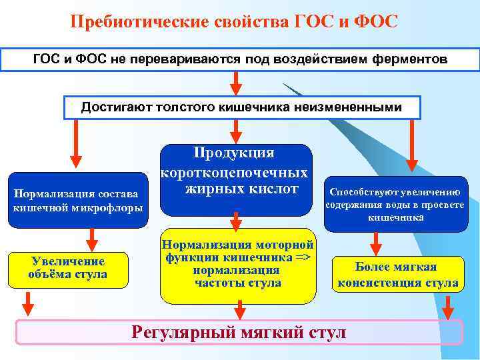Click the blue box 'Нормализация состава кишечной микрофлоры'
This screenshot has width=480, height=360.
(x=79, y=201)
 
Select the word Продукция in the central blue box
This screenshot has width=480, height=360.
(x=233, y=153)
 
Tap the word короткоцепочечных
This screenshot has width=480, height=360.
(x=234, y=172)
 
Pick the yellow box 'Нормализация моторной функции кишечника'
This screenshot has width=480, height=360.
(x=237, y=265)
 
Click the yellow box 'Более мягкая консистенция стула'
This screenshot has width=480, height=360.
(x=397, y=275)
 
